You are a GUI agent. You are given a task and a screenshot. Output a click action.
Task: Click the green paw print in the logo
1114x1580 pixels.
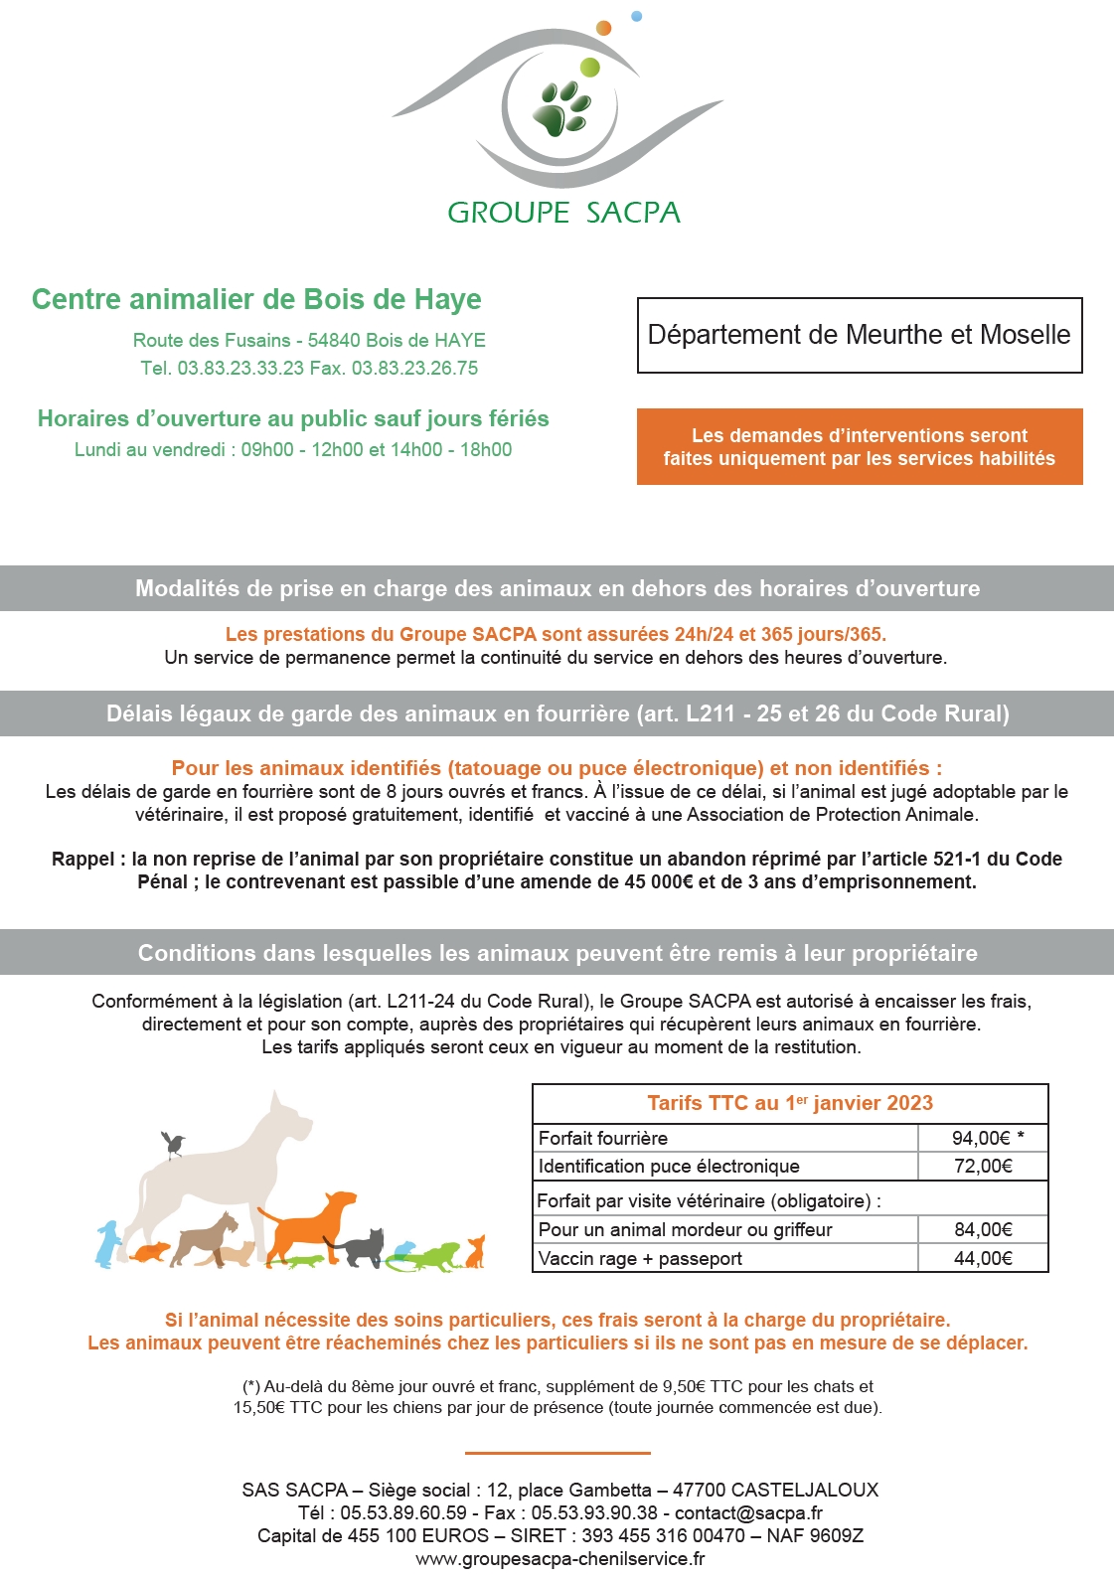click(563, 107)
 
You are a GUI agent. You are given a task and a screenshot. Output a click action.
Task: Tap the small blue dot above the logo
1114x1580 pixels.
click(637, 16)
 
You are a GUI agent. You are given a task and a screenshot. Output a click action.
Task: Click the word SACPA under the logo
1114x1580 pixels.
click(632, 213)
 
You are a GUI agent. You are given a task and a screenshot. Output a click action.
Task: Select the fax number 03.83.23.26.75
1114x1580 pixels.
click(414, 369)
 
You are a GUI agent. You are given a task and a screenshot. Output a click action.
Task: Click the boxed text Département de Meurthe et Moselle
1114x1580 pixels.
click(859, 335)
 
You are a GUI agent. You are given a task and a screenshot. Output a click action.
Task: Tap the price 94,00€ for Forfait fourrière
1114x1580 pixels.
click(981, 1139)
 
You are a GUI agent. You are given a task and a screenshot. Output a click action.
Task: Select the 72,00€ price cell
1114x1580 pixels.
click(983, 1167)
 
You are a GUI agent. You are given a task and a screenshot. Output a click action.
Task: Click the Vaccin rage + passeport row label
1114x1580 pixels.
click(640, 1259)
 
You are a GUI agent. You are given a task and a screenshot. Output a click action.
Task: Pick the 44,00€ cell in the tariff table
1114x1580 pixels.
click(983, 1259)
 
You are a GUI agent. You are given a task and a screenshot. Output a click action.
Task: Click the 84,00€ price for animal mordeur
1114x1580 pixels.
click(983, 1230)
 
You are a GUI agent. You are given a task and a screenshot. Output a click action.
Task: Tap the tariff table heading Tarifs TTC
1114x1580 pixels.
click(790, 1103)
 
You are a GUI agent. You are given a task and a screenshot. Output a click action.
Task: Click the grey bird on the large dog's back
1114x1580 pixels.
click(174, 1144)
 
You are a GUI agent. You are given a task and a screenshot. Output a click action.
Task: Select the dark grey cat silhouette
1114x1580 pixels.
click(364, 1247)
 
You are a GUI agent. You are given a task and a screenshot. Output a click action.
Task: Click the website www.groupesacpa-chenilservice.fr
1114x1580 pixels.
click(560, 1559)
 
